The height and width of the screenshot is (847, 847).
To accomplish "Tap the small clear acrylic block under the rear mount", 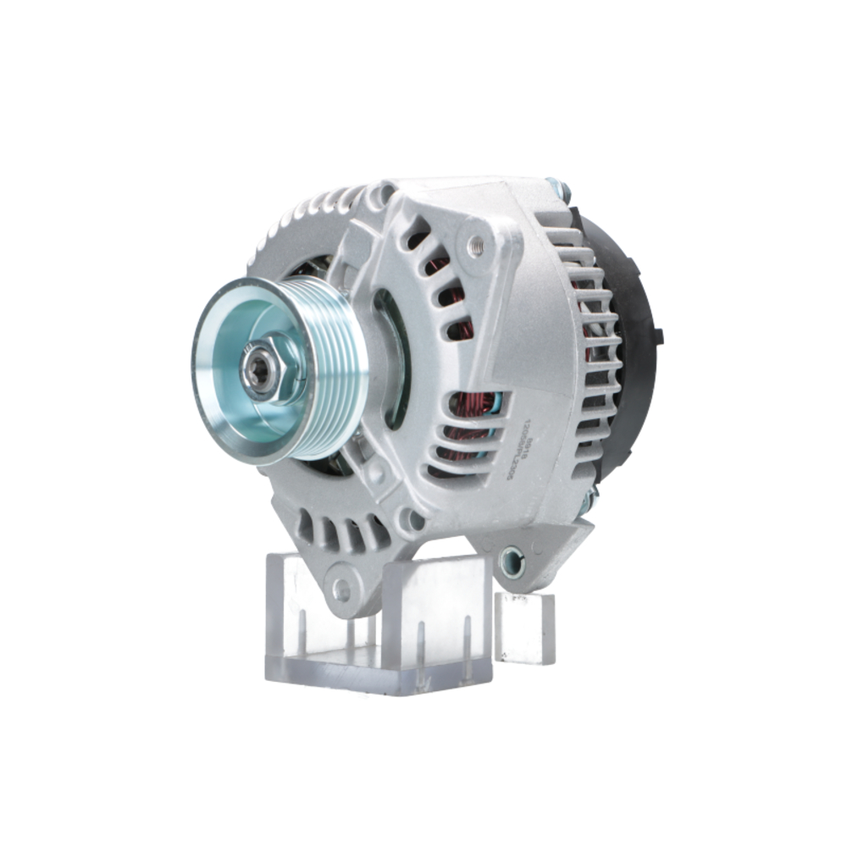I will pos(524,627).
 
